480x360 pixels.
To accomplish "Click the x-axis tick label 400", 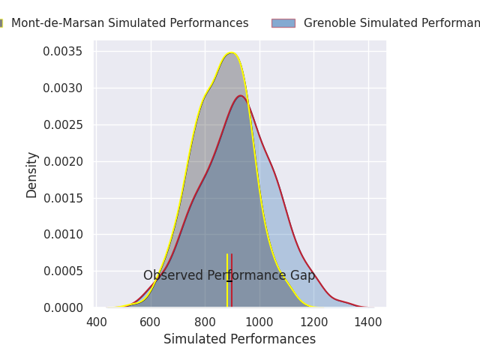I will [x=97, y=322].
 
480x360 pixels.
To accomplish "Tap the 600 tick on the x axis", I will [x=151, y=322].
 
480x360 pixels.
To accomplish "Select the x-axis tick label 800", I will [x=205, y=322].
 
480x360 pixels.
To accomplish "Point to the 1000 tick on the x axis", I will [x=259, y=322].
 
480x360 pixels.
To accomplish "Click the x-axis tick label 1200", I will [x=313, y=322].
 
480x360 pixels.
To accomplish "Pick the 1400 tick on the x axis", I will [x=367, y=322].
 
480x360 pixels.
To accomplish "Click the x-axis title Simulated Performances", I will [x=240, y=340].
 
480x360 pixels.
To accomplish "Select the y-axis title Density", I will [x=32, y=174].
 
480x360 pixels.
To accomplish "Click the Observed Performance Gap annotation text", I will [x=229, y=276].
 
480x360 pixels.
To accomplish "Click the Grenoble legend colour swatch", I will [x=283, y=23].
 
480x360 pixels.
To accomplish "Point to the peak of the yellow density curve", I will [x=232, y=53].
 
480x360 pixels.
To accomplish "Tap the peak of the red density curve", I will [x=241, y=96].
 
